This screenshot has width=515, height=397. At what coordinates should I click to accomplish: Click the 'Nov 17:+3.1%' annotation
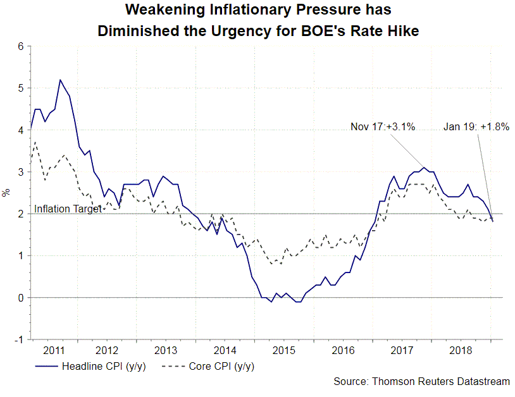(383, 126)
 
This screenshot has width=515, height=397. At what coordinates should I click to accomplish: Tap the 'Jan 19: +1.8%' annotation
(476, 126)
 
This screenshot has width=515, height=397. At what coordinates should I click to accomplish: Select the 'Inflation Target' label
(68, 209)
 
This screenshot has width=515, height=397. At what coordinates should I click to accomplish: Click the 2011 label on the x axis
(54, 350)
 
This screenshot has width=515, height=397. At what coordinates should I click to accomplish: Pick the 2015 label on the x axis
(282, 350)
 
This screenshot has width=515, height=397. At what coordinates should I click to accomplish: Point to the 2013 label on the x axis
(166, 350)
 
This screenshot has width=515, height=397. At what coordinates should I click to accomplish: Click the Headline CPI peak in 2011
(60, 80)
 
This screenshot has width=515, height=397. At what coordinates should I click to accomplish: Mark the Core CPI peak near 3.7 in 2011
(36, 142)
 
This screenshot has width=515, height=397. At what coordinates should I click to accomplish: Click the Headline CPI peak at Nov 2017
(425, 168)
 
